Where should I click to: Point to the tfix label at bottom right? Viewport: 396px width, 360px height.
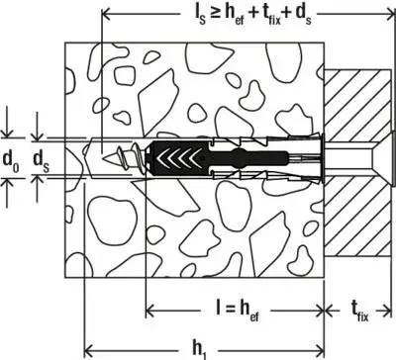tap(361, 310)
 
